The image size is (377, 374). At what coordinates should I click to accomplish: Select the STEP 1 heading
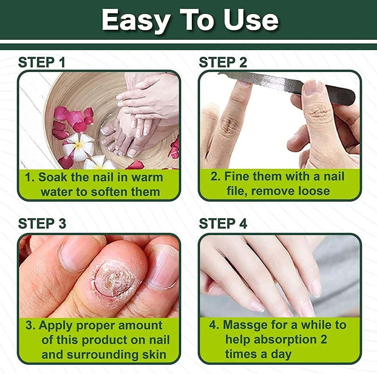42,62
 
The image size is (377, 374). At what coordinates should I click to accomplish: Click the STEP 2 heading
223,62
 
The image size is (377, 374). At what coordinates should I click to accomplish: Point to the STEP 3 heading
42,224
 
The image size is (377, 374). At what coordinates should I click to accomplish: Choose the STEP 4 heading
223,224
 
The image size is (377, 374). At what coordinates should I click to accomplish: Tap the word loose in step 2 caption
311,191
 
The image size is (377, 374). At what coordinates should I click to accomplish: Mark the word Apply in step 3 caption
56,326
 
